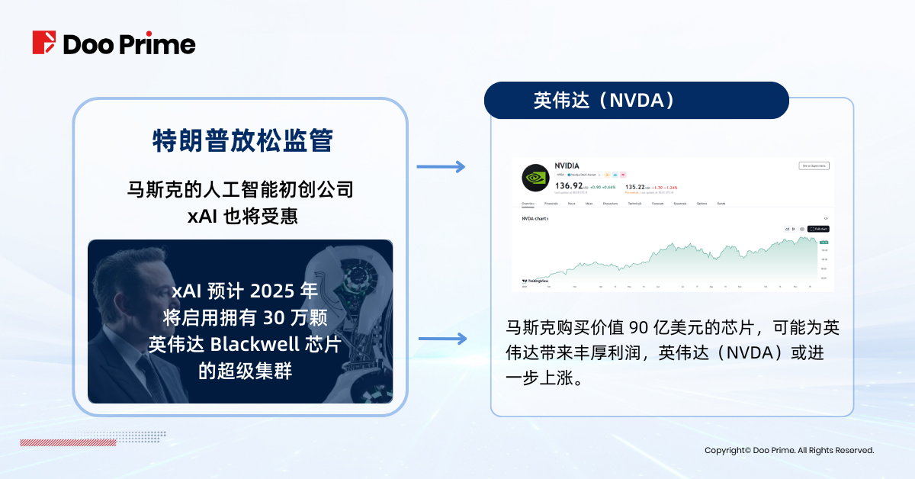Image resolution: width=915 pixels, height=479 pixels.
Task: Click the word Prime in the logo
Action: coord(162,43)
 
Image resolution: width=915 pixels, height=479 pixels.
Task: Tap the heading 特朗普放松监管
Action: coord(241,142)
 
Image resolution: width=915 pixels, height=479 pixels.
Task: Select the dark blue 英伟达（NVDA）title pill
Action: coord(636,101)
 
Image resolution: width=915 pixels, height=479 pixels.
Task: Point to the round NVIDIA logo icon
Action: coord(536,178)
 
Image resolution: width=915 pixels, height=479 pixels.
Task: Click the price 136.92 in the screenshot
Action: coord(569,185)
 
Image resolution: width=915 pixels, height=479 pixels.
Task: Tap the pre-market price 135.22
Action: coord(638,185)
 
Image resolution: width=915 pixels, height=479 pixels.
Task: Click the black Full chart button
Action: coord(818,229)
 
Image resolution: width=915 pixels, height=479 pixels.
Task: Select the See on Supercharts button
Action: coord(814,166)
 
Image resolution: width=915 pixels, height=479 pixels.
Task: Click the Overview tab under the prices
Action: coord(528,204)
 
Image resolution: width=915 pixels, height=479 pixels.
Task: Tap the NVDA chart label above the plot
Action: coord(535,218)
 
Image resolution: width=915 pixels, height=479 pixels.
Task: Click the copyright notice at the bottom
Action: coord(789,451)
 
